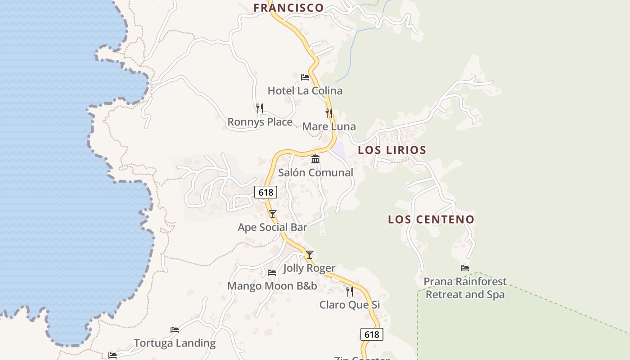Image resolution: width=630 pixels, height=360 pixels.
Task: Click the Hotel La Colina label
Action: click(x=305, y=90)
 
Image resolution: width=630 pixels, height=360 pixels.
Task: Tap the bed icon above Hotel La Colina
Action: click(x=305, y=77)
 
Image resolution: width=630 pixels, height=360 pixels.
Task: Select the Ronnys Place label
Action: click(x=260, y=122)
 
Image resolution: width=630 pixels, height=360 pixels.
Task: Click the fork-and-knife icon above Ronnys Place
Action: click(x=259, y=108)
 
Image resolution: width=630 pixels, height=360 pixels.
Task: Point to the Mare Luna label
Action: click(x=329, y=126)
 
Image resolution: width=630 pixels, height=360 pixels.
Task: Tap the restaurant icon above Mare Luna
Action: click(x=329, y=113)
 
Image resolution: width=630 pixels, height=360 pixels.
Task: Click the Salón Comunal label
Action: click(x=315, y=172)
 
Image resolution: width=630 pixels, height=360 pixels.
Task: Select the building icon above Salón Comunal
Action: click(x=315, y=159)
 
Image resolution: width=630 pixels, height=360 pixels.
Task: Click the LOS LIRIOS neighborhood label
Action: click(x=392, y=150)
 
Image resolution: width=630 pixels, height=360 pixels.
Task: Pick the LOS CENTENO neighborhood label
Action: click(x=431, y=220)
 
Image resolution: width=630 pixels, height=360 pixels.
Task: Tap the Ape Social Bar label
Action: click(x=272, y=227)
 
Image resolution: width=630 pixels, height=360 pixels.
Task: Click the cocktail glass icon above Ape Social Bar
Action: click(x=272, y=214)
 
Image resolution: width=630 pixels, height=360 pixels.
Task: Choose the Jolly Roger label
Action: click(x=309, y=268)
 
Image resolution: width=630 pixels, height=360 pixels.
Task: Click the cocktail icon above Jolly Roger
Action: click(x=310, y=255)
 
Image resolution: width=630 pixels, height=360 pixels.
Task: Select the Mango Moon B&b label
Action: click(x=272, y=286)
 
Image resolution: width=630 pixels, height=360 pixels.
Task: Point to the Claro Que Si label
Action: click(x=350, y=305)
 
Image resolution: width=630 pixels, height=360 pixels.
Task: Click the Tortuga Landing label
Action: click(x=175, y=343)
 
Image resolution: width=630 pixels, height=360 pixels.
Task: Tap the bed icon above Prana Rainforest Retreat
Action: click(x=465, y=268)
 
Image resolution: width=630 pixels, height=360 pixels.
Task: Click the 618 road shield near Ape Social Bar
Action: click(x=265, y=193)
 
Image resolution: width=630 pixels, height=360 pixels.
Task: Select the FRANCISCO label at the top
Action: click(x=288, y=8)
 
